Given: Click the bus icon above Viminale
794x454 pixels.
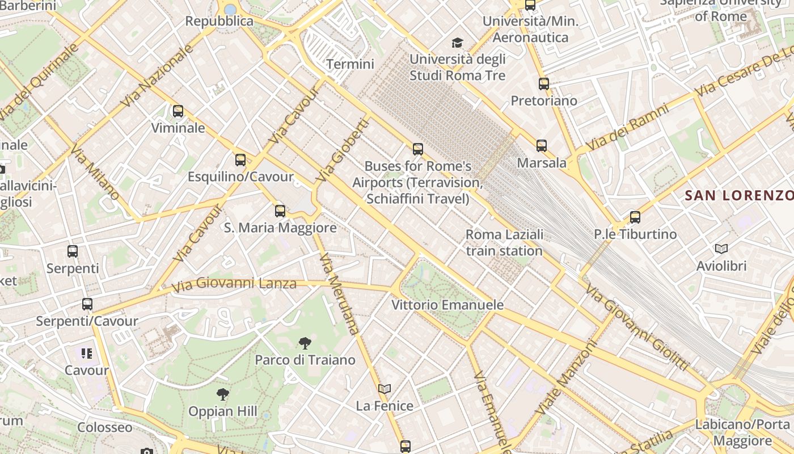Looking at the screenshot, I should (x=178, y=111).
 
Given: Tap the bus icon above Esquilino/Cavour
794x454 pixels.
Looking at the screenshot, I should (x=240, y=160).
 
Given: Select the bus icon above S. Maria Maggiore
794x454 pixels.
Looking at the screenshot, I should (x=280, y=211).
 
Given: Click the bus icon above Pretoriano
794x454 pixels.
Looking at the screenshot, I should (x=544, y=84).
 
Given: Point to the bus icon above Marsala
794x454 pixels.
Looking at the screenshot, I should (x=542, y=146).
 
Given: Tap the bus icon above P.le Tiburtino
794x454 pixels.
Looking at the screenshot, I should (x=635, y=217).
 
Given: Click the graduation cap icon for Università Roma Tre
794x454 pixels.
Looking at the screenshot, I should (x=457, y=43).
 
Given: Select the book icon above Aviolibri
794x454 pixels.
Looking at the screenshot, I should (x=721, y=249).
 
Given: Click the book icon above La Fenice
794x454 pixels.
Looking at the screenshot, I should (x=385, y=389).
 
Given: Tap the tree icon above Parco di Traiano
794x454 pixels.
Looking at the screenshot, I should (x=305, y=343).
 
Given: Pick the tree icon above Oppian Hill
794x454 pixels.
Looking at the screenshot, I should (x=223, y=394).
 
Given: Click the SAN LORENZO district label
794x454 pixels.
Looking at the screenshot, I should (x=739, y=196).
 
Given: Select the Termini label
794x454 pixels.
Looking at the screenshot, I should (x=350, y=64).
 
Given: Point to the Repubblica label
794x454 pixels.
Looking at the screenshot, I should (x=219, y=21).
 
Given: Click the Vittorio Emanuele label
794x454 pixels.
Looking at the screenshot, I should (x=447, y=305).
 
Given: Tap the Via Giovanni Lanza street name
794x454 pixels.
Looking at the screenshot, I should (x=235, y=284).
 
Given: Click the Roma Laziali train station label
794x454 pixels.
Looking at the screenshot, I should (x=504, y=242).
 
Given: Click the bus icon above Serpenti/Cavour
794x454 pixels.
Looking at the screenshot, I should (x=87, y=304).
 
